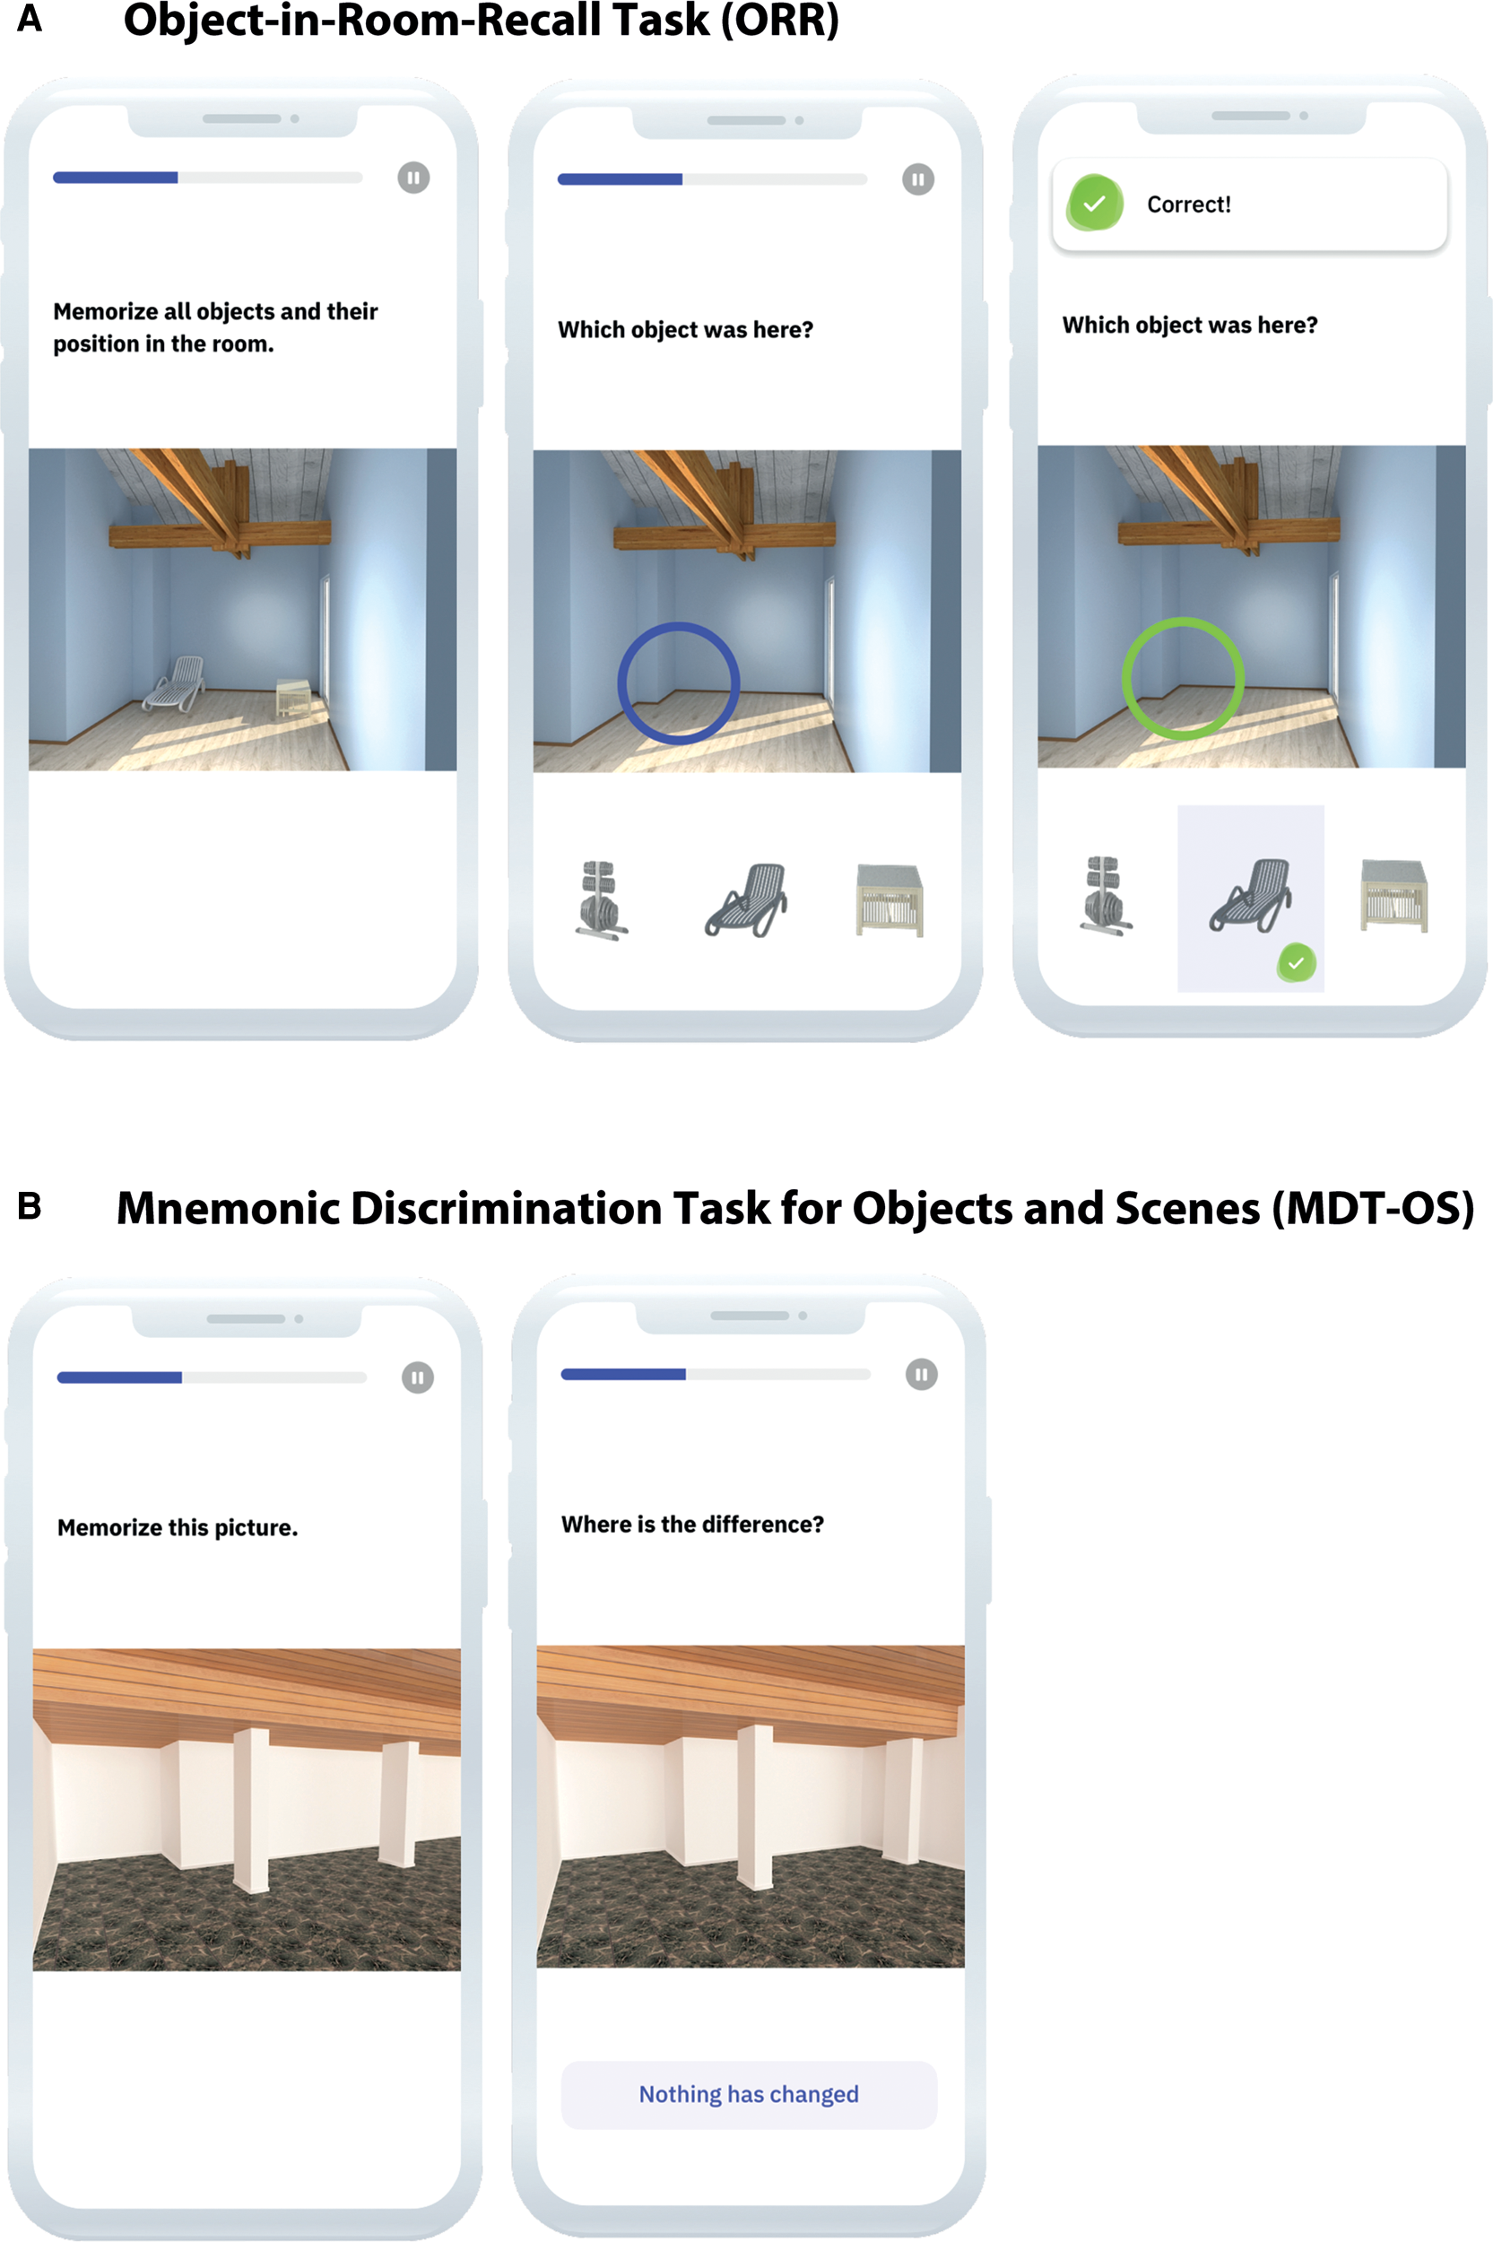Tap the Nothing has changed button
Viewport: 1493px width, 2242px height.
[749, 2093]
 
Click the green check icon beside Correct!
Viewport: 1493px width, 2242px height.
[1095, 203]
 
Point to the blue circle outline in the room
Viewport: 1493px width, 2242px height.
[678, 624]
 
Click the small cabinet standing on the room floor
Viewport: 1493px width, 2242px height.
[293, 698]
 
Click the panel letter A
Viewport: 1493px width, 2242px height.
[30, 18]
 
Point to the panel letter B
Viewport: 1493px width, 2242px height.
[30, 1206]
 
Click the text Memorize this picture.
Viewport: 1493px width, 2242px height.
[178, 1527]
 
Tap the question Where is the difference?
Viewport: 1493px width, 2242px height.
[692, 1525]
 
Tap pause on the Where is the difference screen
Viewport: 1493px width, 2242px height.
[921, 1374]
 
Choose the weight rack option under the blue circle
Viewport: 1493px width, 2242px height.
[601, 900]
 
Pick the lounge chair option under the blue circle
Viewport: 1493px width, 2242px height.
[746, 900]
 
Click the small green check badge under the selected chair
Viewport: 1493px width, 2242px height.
[1296, 962]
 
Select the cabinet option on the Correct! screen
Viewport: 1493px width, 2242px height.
[1394, 895]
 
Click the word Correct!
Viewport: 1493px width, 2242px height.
[1188, 204]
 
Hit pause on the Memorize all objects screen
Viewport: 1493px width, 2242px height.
[413, 177]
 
